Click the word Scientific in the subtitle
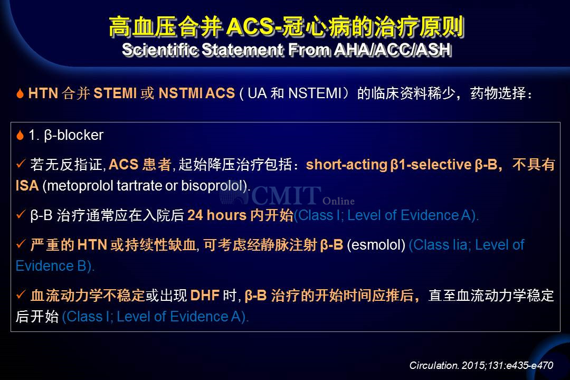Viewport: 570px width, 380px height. coord(160,50)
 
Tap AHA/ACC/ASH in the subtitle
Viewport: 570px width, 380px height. coord(393,50)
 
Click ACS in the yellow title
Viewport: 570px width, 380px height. coord(250,26)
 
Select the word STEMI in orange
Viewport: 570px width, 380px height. coord(115,93)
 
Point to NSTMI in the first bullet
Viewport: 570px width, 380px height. coord(180,93)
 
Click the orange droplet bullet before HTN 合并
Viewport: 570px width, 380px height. coord(20,93)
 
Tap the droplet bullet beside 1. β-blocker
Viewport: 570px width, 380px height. coord(20,135)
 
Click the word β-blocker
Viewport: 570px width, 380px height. coord(73,135)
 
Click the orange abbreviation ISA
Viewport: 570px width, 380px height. coord(27,186)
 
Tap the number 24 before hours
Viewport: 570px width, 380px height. coord(195,215)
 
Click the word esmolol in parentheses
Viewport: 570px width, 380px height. coord(376,245)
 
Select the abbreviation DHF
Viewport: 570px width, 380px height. coord(205,295)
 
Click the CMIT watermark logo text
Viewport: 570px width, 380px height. coord(286,195)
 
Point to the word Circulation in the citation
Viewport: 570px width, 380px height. coord(434,365)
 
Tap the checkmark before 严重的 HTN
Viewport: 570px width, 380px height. coord(21,244)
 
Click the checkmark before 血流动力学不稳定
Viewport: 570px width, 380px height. coord(21,294)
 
